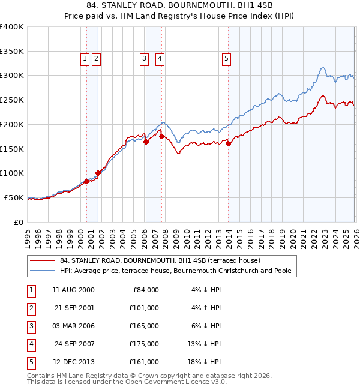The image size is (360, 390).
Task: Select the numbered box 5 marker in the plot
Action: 226,58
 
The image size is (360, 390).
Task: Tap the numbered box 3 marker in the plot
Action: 145,58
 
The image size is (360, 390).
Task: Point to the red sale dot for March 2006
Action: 146,141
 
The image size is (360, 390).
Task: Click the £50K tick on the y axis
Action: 14,197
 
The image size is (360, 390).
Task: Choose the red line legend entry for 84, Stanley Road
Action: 160,261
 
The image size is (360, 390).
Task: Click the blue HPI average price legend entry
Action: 175,271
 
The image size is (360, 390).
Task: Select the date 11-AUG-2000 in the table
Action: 73,290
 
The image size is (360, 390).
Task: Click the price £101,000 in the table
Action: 144,308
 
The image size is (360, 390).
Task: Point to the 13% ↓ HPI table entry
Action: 206,344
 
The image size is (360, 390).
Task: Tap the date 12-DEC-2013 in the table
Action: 73,362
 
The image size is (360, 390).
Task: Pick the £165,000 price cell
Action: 144,326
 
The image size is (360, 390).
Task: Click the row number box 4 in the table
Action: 30,344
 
